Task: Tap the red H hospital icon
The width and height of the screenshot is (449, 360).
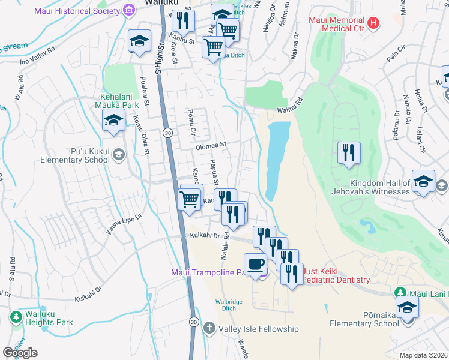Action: pyautogui.click(x=374, y=23)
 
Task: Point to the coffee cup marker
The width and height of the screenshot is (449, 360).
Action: pyautogui.click(x=256, y=265)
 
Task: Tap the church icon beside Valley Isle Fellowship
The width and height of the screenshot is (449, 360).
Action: pyautogui.click(x=209, y=328)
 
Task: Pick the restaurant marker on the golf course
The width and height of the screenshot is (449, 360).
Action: pyautogui.click(x=349, y=152)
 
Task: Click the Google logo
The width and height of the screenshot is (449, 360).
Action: pyautogui.click(x=20, y=352)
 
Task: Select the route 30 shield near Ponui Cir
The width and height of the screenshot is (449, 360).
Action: pyautogui.click(x=167, y=133)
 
